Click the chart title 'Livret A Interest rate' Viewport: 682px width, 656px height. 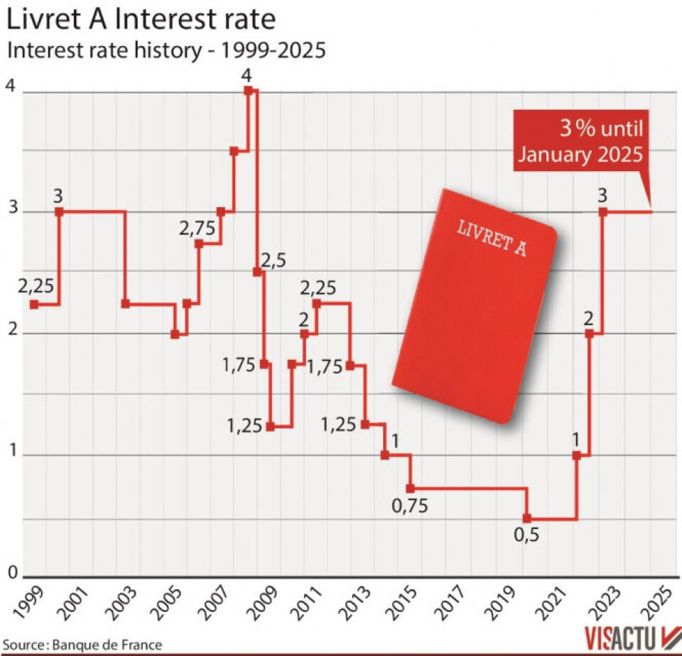tap(141, 19)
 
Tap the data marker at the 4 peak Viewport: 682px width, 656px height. tap(247, 90)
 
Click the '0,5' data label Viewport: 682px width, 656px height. tap(526, 535)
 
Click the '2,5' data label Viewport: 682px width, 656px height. tap(272, 260)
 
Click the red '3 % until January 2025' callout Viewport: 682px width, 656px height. tap(580, 142)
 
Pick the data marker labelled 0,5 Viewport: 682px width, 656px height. tap(526, 518)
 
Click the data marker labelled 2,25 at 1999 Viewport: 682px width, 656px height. tap(33, 304)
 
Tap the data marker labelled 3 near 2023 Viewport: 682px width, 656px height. tap(603, 212)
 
